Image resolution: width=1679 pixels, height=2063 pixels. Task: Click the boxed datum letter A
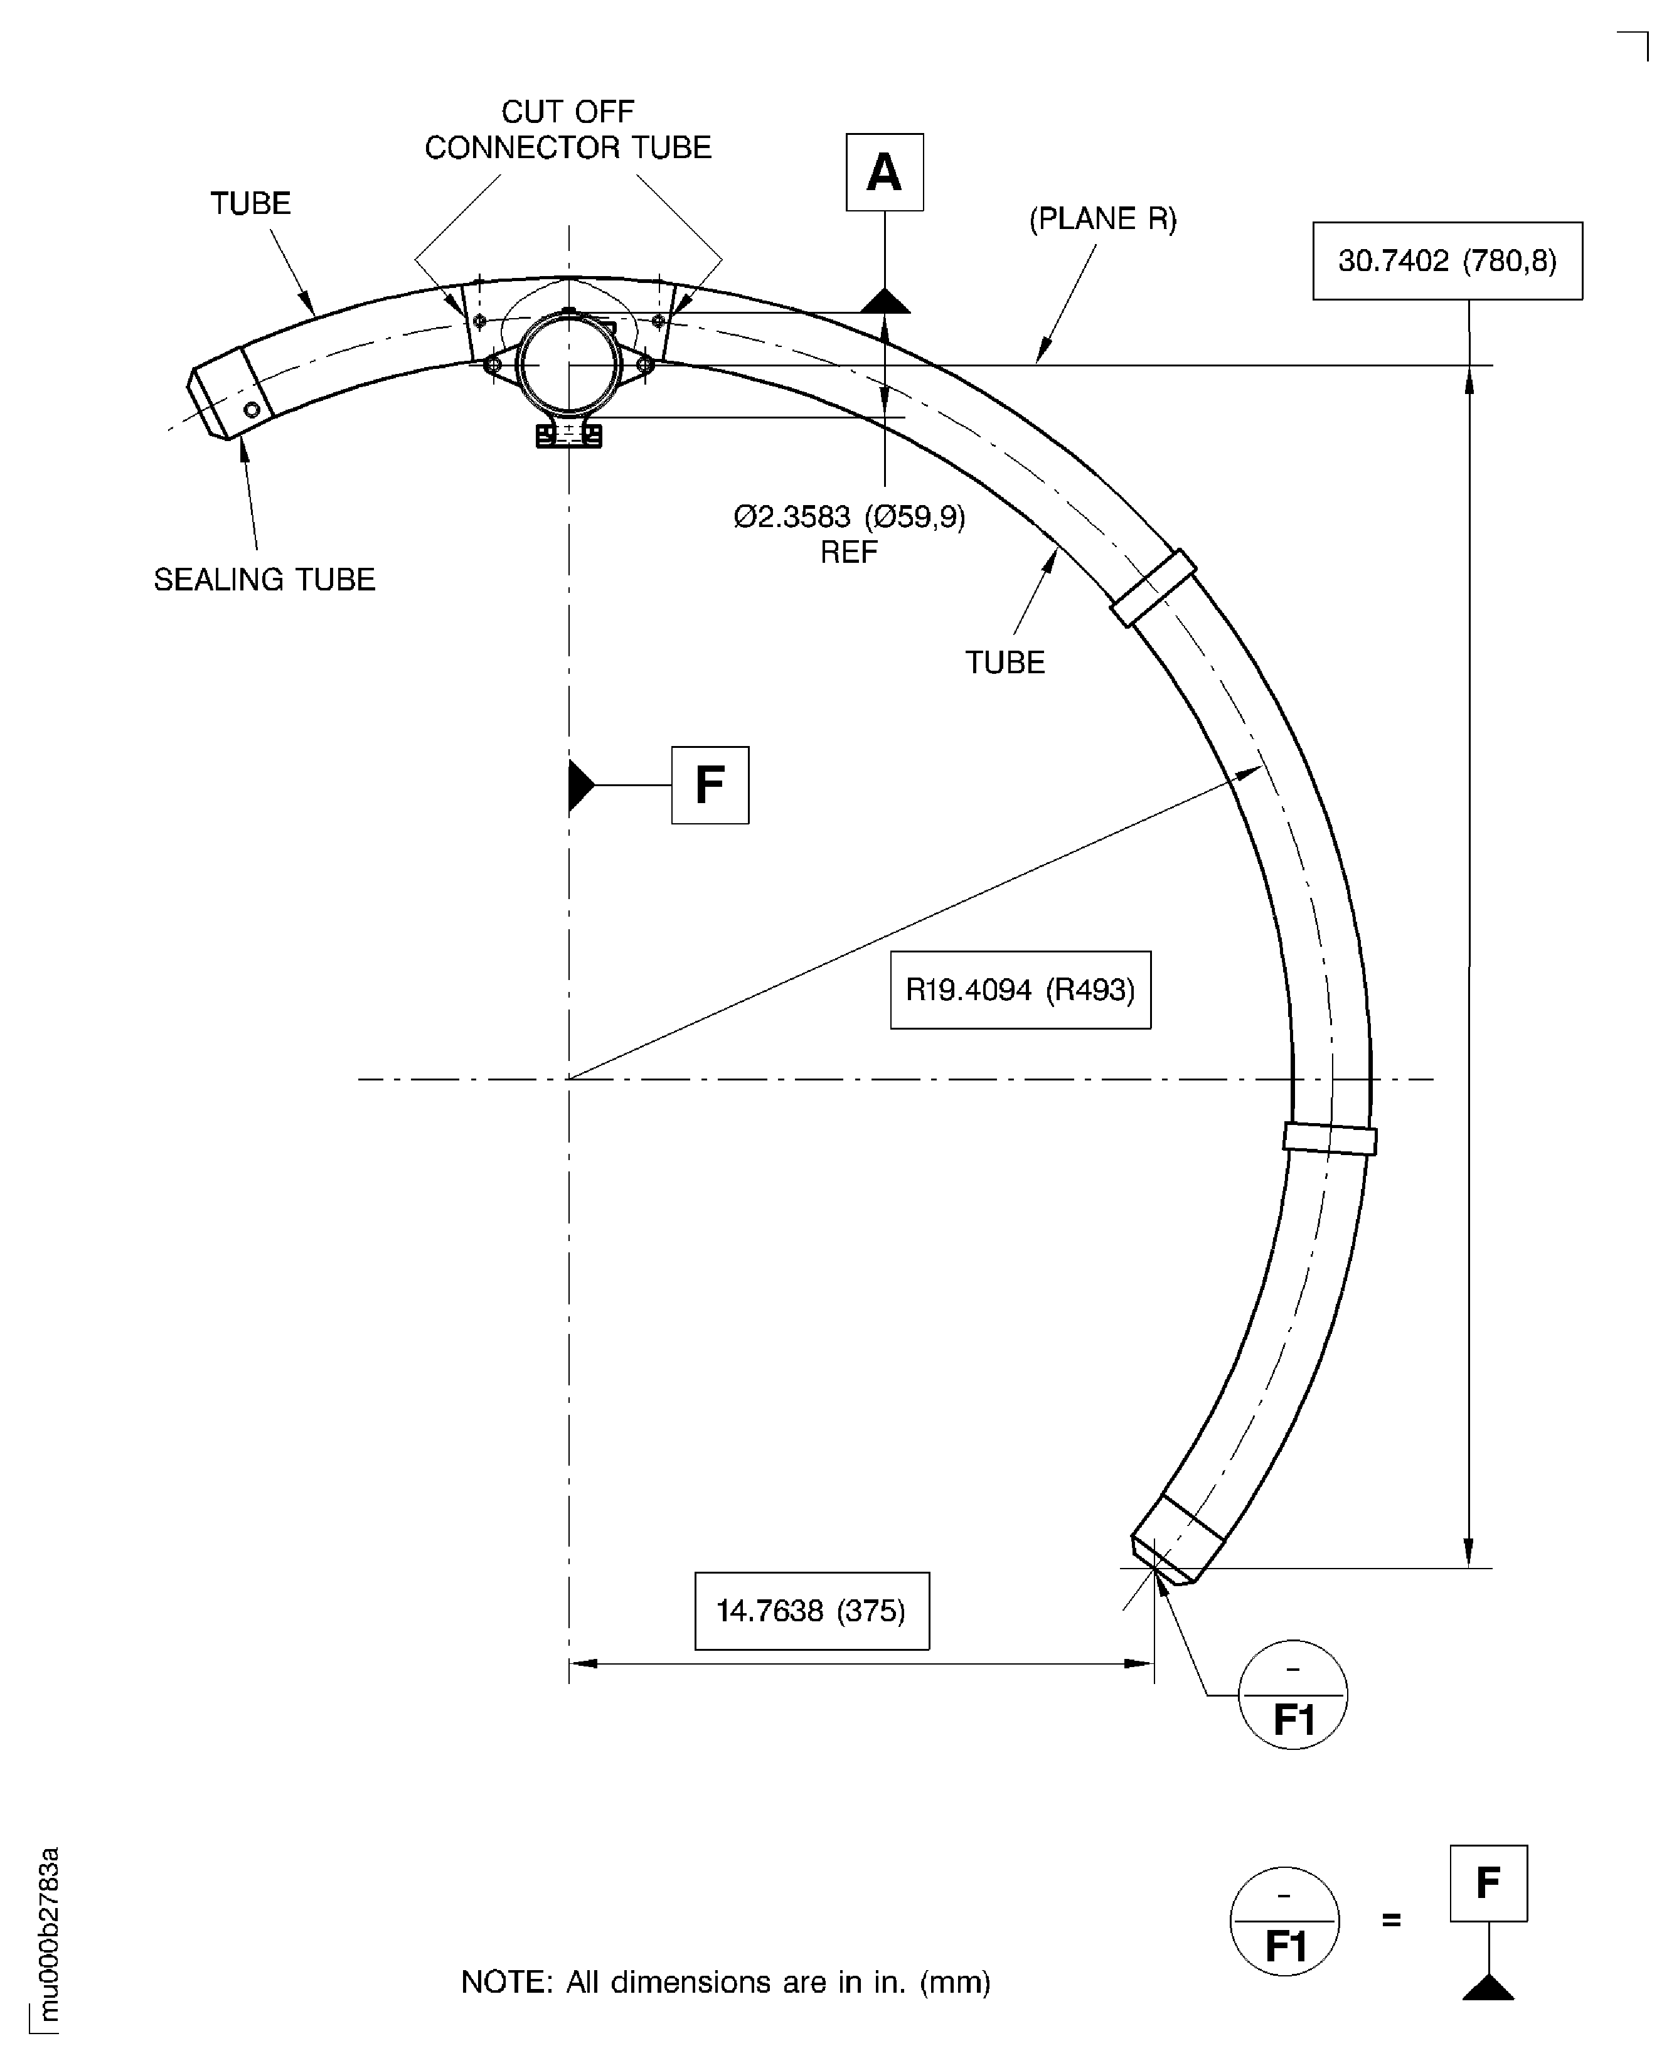click(x=884, y=172)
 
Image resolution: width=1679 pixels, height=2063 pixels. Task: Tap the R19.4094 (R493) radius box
click(x=1020, y=989)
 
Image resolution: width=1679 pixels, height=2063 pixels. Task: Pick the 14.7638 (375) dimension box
click(x=811, y=1611)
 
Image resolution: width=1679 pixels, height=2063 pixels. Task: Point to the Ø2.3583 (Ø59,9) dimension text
click(x=849, y=518)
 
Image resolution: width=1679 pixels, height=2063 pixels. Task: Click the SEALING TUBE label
click(x=264, y=579)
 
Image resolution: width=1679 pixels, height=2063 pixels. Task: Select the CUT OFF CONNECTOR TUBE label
click(x=568, y=130)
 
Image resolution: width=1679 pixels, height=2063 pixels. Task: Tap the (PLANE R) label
click(x=1102, y=218)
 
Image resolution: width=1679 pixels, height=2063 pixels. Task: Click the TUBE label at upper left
click(x=250, y=203)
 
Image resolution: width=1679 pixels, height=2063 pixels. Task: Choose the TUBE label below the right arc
click(x=1005, y=663)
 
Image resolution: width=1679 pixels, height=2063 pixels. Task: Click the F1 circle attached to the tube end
click(x=1292, y=1695)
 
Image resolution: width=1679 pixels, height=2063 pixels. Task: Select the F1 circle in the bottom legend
click(x=1284, y=1921)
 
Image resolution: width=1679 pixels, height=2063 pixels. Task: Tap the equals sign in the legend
click(x=1391, y=1920)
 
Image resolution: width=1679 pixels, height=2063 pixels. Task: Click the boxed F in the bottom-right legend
click(x=1488, y=1883)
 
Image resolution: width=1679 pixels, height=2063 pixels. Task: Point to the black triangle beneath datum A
click(x=885, y=302)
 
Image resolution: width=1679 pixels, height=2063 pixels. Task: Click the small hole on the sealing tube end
click(x=252, y=409)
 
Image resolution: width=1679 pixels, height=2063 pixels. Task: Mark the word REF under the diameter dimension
click(x=849, y=552)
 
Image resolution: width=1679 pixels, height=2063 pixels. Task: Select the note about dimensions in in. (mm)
click(x=725, y=1983)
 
